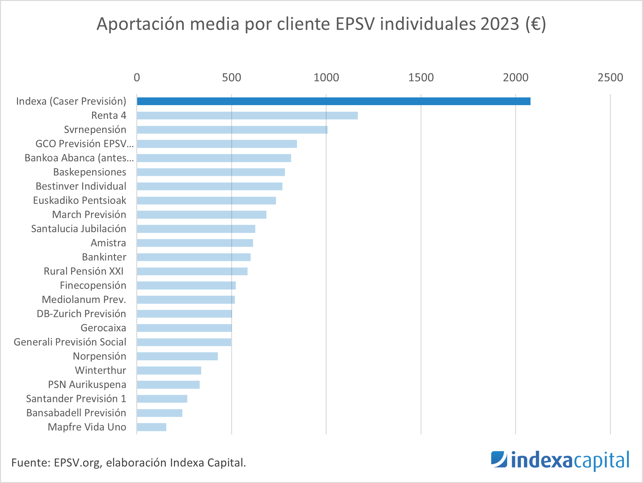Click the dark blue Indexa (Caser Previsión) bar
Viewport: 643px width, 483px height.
click(334, 101)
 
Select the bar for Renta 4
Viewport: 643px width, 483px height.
click(247, 115)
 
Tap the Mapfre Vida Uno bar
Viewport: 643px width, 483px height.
click(151, 427)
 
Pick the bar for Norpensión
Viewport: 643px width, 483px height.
click(177, 356)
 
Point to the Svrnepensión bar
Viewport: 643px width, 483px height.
click(232, 130)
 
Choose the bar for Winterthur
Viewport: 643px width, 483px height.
click(169, 370)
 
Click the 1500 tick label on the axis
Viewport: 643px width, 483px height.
click(421, 77)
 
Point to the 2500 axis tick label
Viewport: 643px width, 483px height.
click(610, 77)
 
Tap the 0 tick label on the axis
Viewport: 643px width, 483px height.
click(137, 77)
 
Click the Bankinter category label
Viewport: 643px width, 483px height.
click(104, 257)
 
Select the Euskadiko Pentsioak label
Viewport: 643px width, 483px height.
click(80, 200)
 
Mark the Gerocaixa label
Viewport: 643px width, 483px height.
click(103, 328)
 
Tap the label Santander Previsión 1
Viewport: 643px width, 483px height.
click(76, 399)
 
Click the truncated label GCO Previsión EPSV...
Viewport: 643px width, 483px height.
click(84, 144)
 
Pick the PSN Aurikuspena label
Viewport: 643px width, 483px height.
click(87, 384)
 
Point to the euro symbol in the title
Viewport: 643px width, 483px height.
click(536, 24)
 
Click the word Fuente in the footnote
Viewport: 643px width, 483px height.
click(29, 463)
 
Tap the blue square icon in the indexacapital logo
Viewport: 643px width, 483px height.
click(499, 459)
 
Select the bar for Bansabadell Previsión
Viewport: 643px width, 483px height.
click(159, 413)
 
